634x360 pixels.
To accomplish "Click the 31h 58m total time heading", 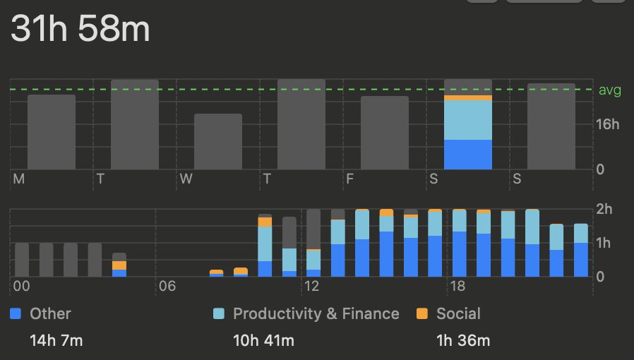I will point(80,30).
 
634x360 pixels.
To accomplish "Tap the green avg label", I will point(609,90).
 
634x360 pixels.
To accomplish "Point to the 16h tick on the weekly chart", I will point(607,125).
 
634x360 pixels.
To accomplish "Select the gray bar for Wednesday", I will point(218,141).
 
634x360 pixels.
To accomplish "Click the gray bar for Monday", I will point(52,132).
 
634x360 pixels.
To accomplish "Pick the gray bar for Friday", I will point(385,133).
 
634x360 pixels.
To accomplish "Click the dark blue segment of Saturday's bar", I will point(468,155).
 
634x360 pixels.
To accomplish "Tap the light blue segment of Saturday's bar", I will point(468,120).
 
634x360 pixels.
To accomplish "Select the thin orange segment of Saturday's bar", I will point(468,98).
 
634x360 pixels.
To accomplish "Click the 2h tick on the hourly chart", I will point(606,209).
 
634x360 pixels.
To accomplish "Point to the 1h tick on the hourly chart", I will point(606,243).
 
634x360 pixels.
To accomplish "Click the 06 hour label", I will point(167,286).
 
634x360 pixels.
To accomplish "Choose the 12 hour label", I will point(311,286).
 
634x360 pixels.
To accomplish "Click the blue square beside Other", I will point(16,314).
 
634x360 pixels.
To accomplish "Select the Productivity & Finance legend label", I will point(316,314).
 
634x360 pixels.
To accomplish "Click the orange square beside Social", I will point(422,314).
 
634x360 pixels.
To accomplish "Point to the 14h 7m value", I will point(56,341).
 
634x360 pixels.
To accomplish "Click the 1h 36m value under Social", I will point(463,341).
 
